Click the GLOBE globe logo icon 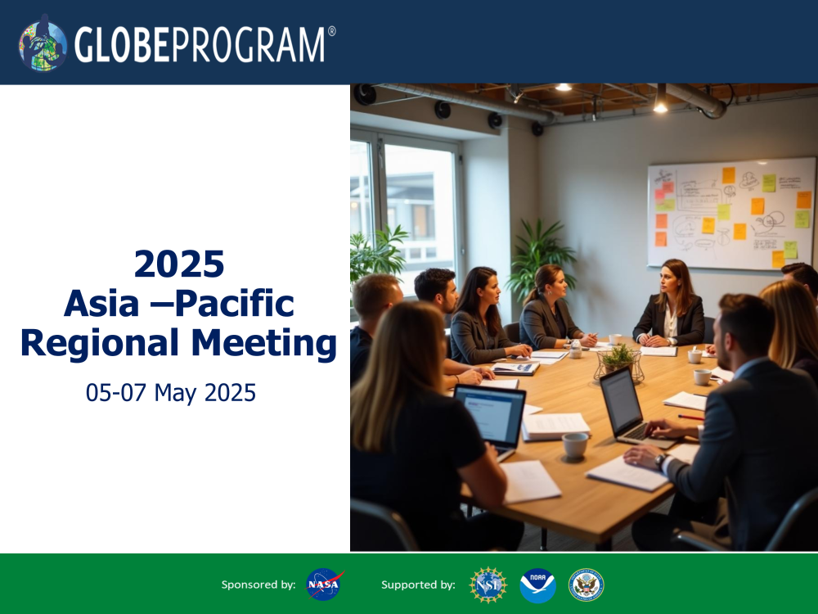point(43,43)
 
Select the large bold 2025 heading point(179,264)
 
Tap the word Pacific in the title point(236,304)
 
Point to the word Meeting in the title point(264,344)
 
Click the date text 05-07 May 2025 point(171,393)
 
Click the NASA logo point(325,585)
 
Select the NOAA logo point(537,585)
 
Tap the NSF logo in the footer point(488,585)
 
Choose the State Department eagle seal point(586,585)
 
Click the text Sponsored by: point(258,585)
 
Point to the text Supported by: point(418,585)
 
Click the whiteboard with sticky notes point(731,214)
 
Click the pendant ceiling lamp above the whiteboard point(660,99)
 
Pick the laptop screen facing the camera point(490,414)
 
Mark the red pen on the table point(690,418)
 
